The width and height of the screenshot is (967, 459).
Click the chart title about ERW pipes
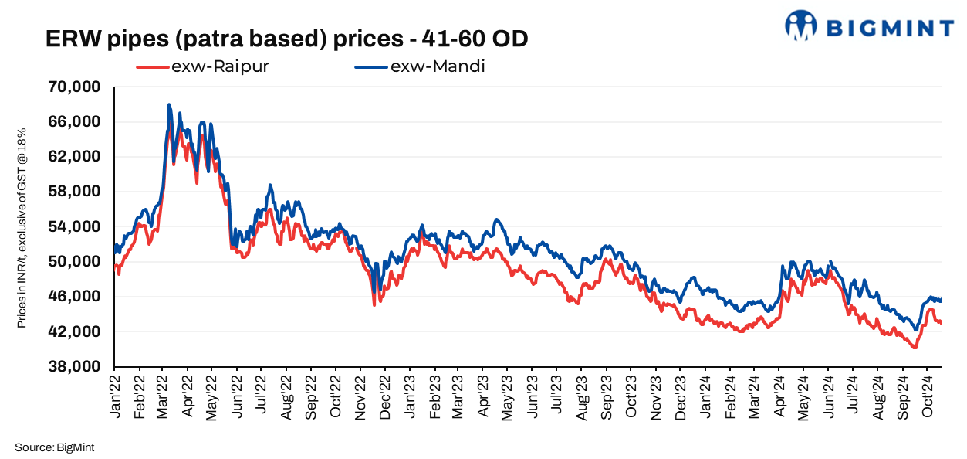pos(287,39)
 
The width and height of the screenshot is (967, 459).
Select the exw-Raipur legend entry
pos(203,66)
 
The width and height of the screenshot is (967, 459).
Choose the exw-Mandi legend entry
pos(420,66)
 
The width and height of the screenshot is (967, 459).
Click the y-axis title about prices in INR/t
pos(22,227)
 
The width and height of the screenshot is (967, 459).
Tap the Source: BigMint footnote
pos(53,447)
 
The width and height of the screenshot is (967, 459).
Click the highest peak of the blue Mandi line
pos(168,104)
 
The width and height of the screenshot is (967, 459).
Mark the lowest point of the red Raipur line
pos(915,348)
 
